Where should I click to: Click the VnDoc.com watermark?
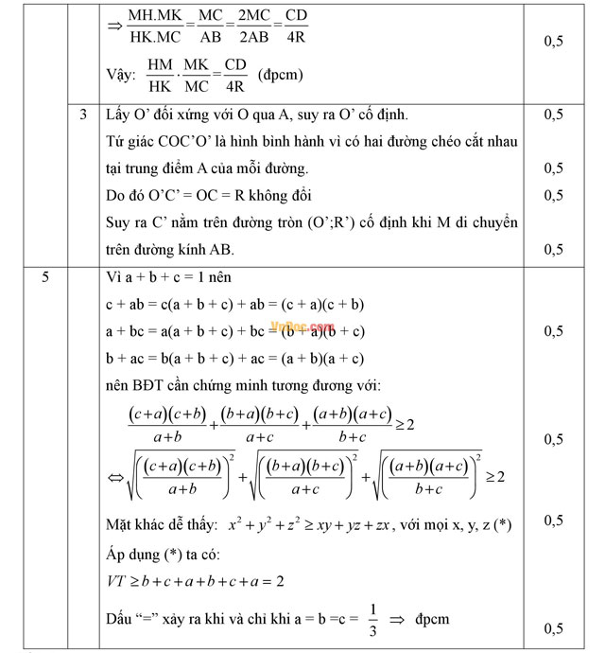[302, 326]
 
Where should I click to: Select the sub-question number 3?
[84, 115]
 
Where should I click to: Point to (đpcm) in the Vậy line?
[282, 73]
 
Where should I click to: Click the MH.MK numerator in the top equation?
[157, 17]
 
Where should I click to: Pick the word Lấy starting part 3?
[118, 115]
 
